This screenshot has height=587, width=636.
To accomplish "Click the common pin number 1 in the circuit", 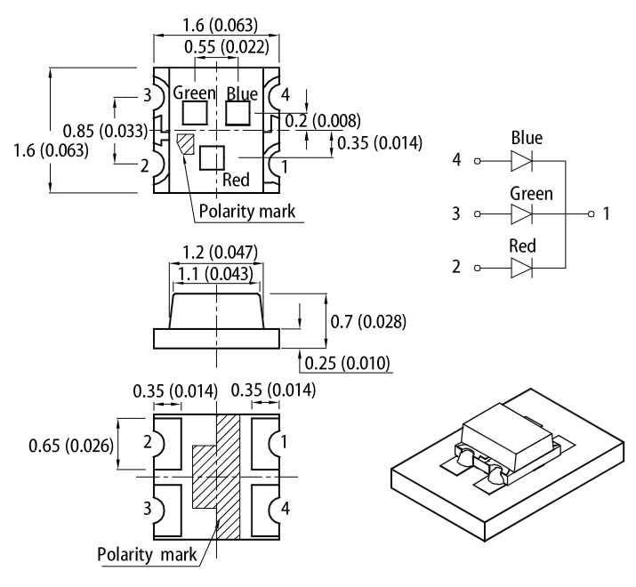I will [606, 214].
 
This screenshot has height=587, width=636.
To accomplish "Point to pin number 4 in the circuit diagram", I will [456, 161].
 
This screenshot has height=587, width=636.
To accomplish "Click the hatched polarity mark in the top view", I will [185, 143].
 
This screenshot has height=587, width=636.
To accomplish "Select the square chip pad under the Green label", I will [194, 113].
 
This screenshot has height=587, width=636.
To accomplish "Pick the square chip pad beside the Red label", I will [212, 158].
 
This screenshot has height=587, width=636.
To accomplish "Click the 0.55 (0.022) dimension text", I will [217, 46].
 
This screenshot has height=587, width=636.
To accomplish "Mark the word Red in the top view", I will [236, 181].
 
